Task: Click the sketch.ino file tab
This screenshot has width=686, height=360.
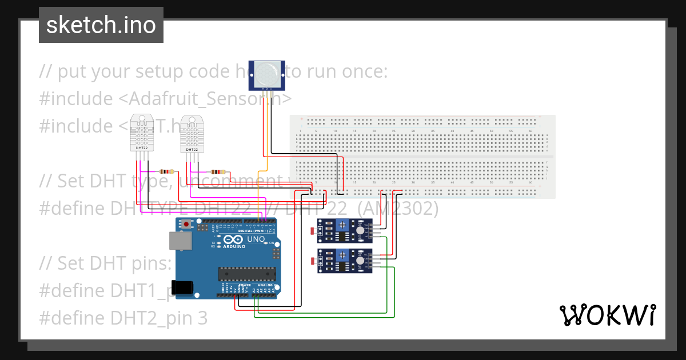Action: [101, 25]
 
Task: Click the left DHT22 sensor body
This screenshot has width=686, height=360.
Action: [142, 133]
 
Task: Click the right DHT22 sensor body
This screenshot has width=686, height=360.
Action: [192, 134]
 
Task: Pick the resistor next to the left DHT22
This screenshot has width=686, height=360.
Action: [167, 171]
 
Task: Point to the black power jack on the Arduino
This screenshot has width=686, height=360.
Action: [185, 287]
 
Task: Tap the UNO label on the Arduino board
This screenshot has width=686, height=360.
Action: [255, 239]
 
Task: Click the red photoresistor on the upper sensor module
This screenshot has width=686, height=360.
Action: [312, 231]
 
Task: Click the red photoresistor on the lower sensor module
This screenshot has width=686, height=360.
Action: [312, 261]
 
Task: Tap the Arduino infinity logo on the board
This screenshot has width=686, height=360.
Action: [233, 240]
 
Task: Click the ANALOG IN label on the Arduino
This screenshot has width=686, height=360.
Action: [265, 285]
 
